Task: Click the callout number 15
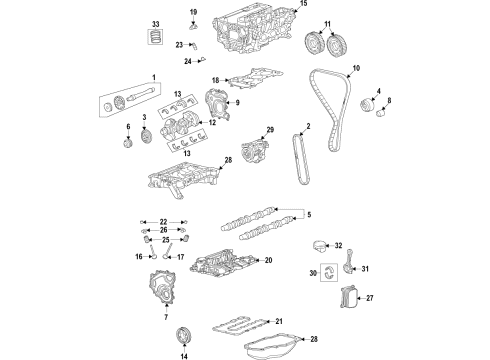click(303, 5)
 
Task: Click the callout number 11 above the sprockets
click(329, 23)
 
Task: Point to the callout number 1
click(154, 78)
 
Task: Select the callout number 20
click(268, 260)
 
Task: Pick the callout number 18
click(215, 80)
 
